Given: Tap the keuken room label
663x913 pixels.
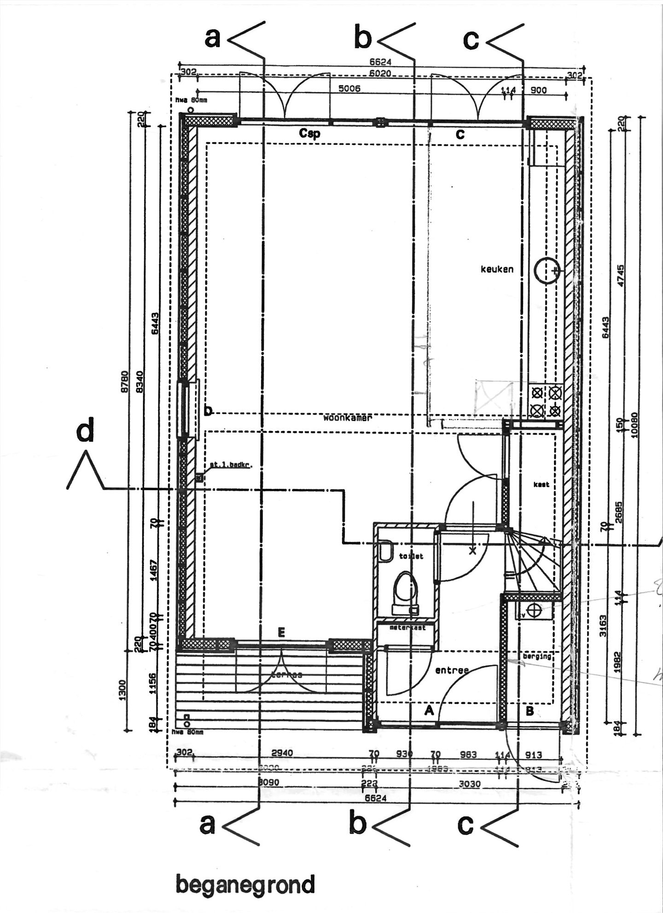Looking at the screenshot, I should click(497, 269).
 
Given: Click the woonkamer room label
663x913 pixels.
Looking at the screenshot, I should click(347, 418).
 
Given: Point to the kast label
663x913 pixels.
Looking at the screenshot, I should click(541, 484).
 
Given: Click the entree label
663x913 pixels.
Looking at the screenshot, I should click(452, 671).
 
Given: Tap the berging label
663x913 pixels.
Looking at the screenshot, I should click(537, 656).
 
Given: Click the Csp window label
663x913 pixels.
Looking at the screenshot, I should click(309, 134).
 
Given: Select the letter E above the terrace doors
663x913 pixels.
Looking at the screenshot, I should click(282, 634).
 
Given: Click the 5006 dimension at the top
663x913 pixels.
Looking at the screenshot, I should click(349, 89).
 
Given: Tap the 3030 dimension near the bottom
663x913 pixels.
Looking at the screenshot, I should click(469, 784).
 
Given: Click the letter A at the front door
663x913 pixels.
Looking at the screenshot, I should click(429, 711).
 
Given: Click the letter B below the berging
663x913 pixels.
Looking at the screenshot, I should click(529, 711).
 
